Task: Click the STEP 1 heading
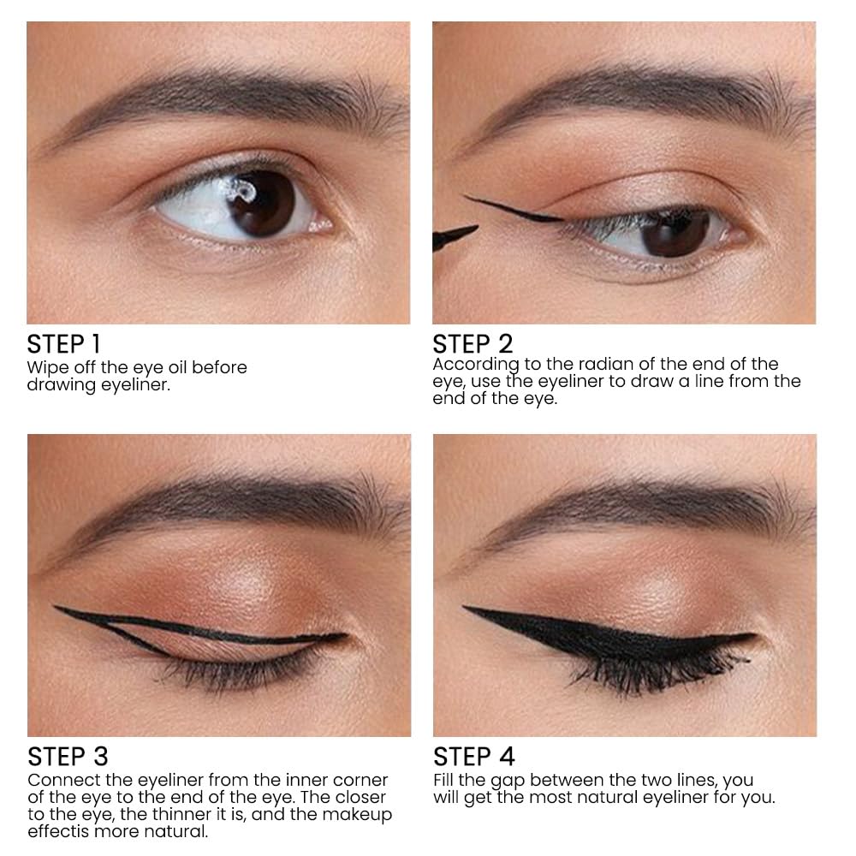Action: (63, 344)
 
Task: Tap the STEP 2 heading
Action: (473, 344)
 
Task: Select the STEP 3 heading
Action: (68, 758)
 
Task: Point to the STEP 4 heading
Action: (474, 758)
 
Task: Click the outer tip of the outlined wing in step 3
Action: (56, 607)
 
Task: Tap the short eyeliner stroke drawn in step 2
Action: (513, 210)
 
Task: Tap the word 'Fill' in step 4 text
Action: (443, 780)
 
